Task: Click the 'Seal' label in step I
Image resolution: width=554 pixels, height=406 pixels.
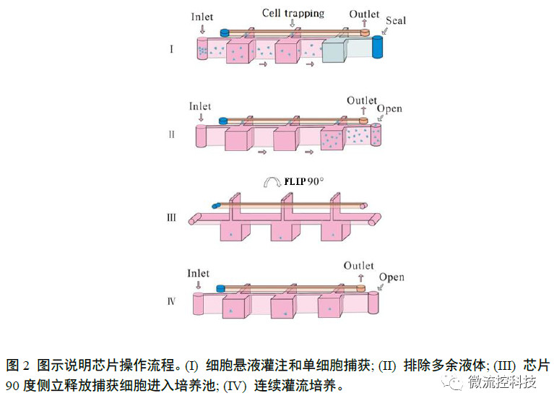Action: click(396, 20)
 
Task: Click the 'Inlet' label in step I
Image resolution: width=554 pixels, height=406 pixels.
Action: click(203, 16)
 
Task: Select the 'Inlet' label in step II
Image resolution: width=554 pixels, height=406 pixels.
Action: click(200, 107)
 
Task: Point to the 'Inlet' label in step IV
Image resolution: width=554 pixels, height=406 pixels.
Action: click(198, 274)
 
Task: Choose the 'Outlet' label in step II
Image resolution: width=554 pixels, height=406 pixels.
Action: click(361, 101)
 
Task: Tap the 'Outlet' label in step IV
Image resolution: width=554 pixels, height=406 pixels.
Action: click(359, 266)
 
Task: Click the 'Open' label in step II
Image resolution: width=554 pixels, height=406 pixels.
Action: click(390, 109)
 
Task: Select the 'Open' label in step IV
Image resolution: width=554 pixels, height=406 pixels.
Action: click(391, 277)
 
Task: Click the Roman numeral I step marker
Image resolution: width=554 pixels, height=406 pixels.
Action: click(171, 49)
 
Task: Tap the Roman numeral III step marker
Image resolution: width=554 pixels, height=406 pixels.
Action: click(171, 215)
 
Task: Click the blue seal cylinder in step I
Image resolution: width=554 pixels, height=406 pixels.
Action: click(377, 46)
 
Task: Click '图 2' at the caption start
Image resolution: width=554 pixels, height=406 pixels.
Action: click(17, 364)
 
